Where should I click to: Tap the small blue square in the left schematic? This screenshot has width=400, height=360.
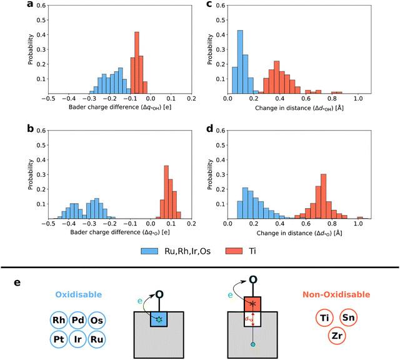click(x=159, y=319)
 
